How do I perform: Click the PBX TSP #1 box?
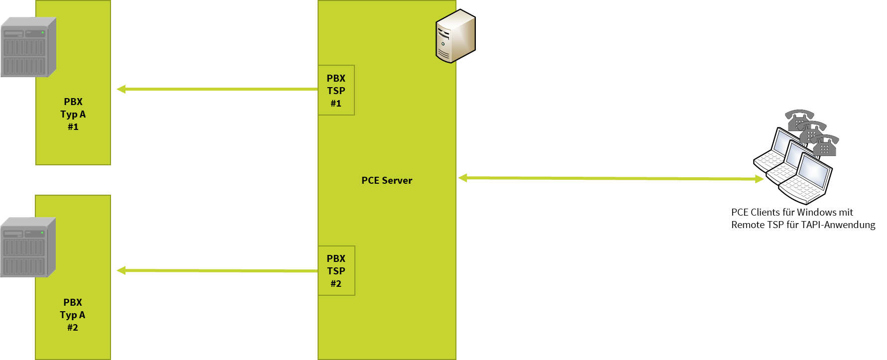click(336, 90)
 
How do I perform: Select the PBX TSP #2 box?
click(336, 270)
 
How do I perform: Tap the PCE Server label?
click(387, 180)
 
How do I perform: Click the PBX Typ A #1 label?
click(73, 114)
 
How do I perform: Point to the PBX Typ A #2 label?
click(73, 315)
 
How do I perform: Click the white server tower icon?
click(455, 36)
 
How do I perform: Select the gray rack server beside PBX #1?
click(28, 47)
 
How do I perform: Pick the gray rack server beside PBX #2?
click(27, 247)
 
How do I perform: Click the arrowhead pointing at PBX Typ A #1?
click(121, 89)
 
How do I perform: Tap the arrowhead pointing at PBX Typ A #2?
click(121, 270)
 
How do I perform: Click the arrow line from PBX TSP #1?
click(219, 89)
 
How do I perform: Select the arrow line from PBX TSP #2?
click(219, 270)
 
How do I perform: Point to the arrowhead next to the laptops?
click(759, 179)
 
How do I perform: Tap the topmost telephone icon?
click(798, 119)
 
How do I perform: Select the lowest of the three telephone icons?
click(824, 145)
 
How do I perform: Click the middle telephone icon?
click(811, 131)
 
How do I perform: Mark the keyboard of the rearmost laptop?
click(767, 160)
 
